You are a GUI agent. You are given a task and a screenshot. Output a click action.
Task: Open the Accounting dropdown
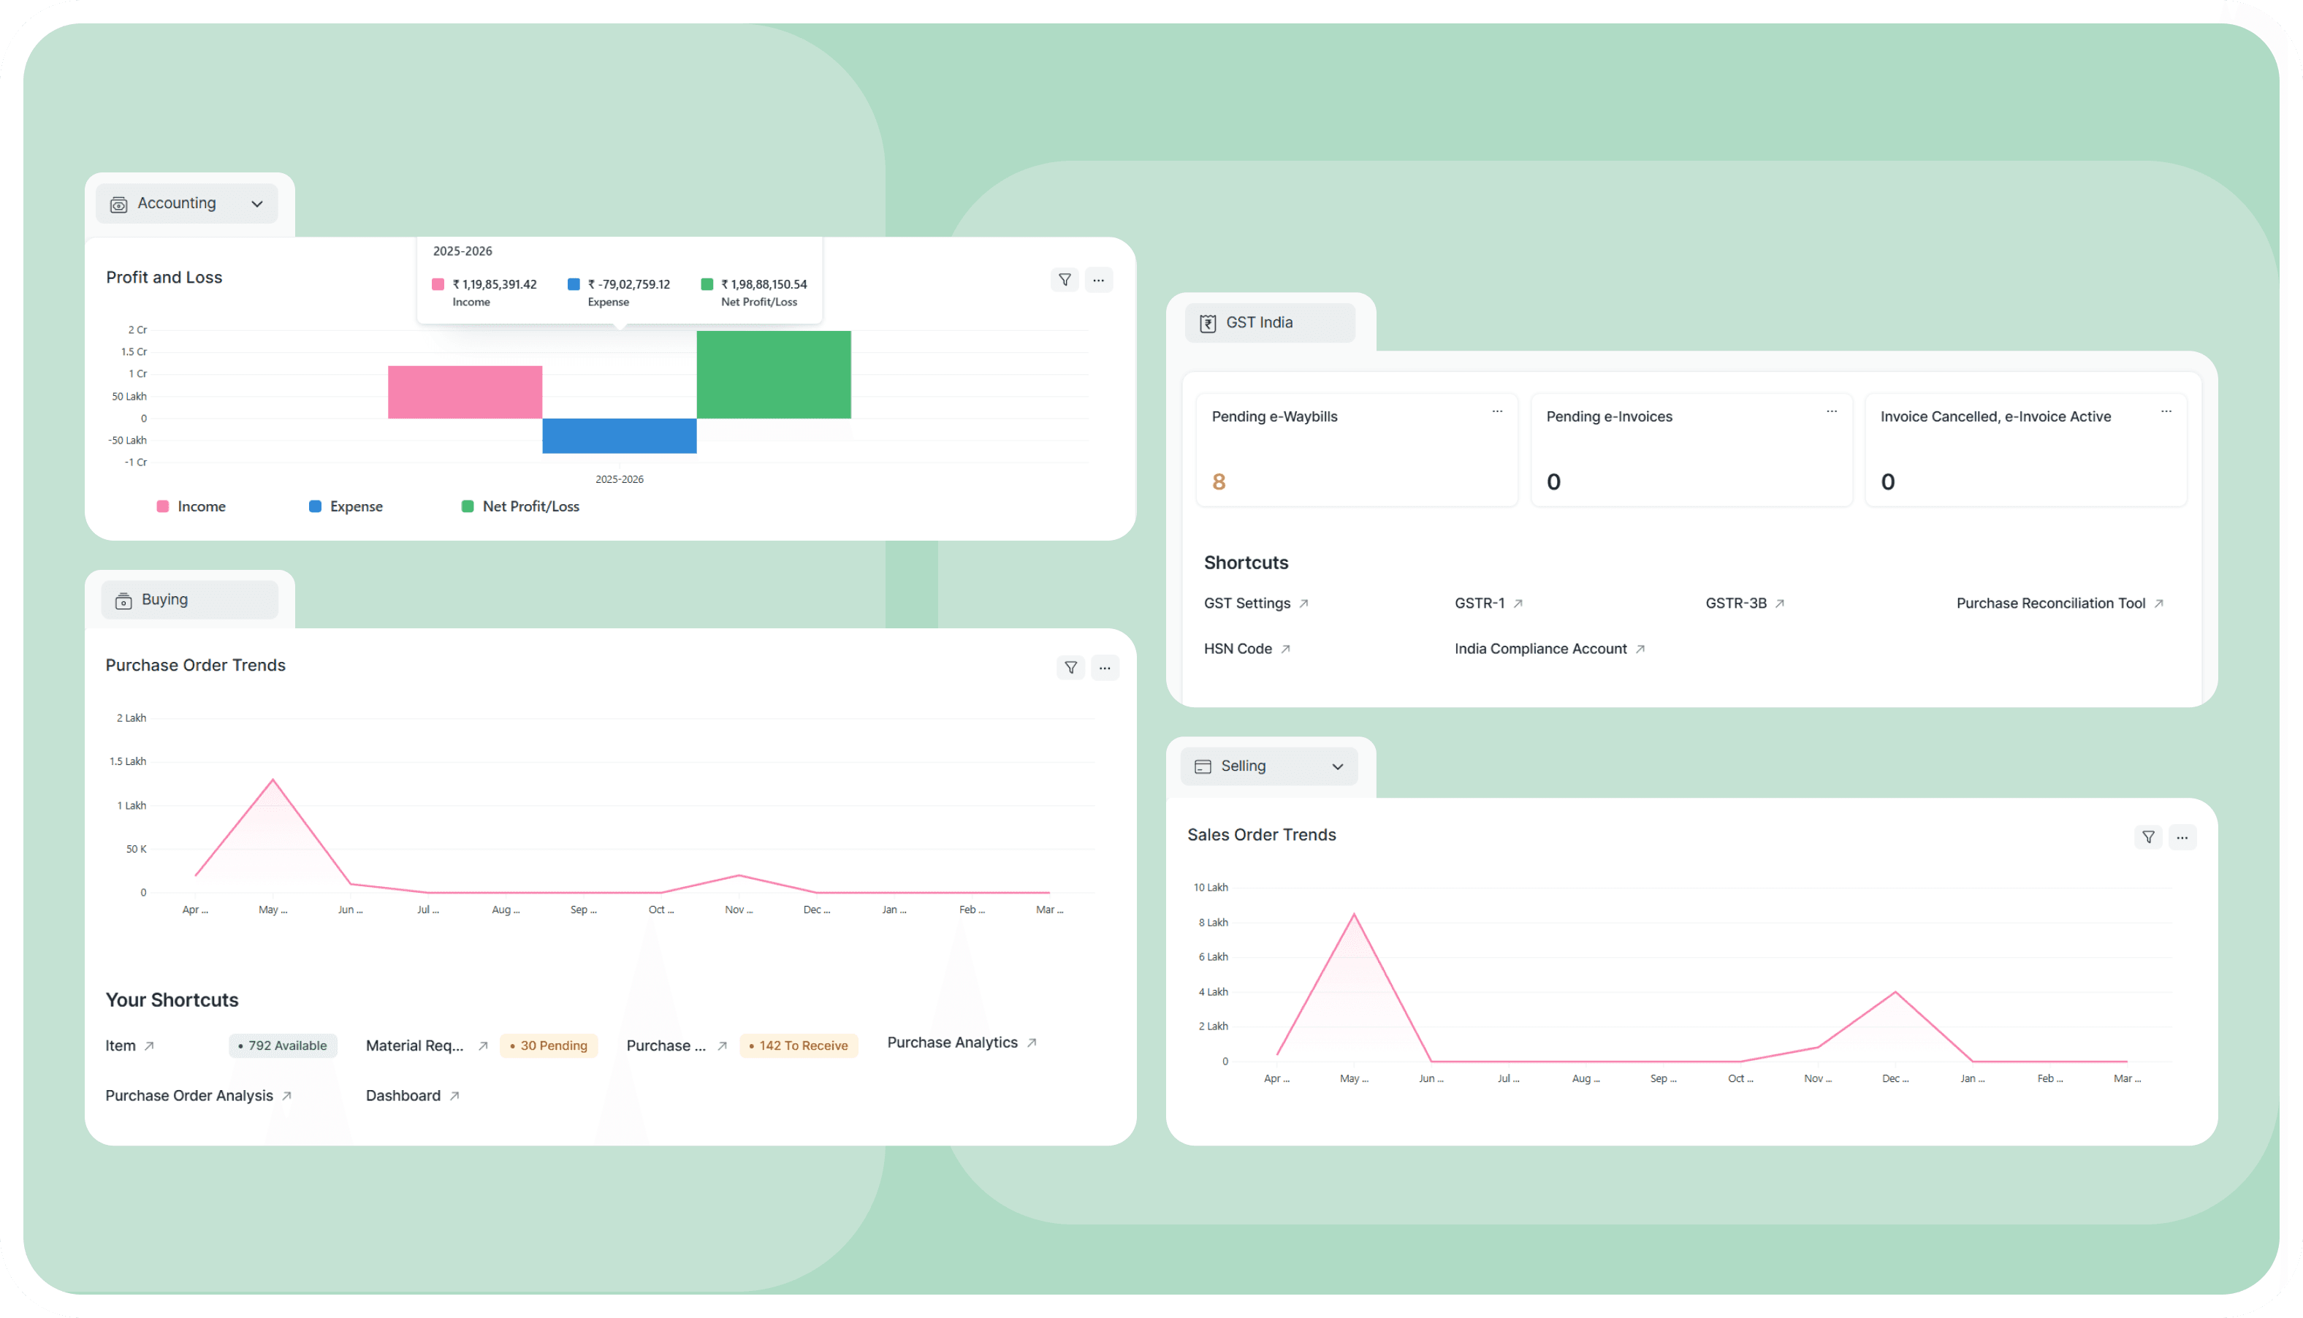coord(187,204)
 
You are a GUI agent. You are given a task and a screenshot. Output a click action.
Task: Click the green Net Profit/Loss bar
coord(773,375)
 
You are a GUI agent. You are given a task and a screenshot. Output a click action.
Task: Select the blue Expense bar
coord(619,435)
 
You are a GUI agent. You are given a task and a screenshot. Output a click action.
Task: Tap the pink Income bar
coord(465,392)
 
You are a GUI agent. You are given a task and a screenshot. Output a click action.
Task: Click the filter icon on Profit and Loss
coord(1065,280)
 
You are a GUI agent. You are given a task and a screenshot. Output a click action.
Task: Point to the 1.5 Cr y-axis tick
coord(134,352)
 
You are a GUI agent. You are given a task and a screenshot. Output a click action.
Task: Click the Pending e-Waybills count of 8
coord(1219,481)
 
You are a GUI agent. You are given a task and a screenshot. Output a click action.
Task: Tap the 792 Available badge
coord(283,1045)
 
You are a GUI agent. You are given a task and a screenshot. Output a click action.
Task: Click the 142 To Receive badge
coord(799,1045)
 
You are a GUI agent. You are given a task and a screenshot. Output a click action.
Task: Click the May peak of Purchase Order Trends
coord(273,780)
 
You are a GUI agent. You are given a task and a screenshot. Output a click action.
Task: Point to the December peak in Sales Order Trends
coord(1895,993)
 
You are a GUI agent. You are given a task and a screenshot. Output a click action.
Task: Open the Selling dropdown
coord(1268,766)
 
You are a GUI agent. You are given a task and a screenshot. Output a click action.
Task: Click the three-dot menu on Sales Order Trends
coord(2182,837)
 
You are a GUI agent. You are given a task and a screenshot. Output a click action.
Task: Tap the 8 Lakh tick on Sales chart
coord(1213,923)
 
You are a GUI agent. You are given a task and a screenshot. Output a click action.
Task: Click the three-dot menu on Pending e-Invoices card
coord(1831,412)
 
